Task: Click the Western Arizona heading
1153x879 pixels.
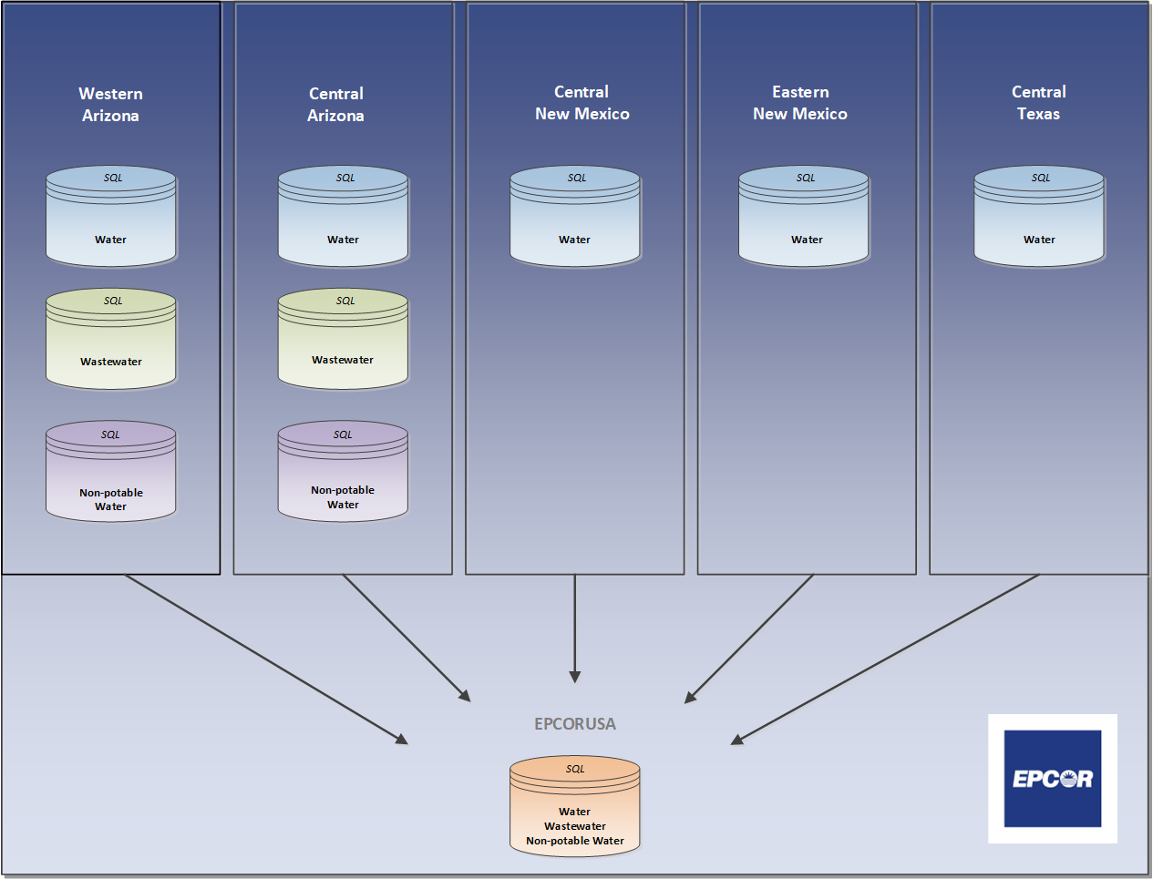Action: [x=110, y=105]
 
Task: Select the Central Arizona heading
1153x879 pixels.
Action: [x=335, y=105]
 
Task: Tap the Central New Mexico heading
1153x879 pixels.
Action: [x=582, y=103]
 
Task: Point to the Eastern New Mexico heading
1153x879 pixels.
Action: [x=800, y=103]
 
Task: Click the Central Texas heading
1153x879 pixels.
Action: [x=1038, y=103]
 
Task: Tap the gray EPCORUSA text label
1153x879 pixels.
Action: [x=575, y=724]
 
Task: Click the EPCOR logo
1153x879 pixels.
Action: [x=1053, y=779]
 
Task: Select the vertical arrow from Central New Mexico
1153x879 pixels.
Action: [x=575, y=629]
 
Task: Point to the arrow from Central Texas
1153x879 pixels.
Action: [x=884, y=659]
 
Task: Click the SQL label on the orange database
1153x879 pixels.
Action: [x=575, y=769]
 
